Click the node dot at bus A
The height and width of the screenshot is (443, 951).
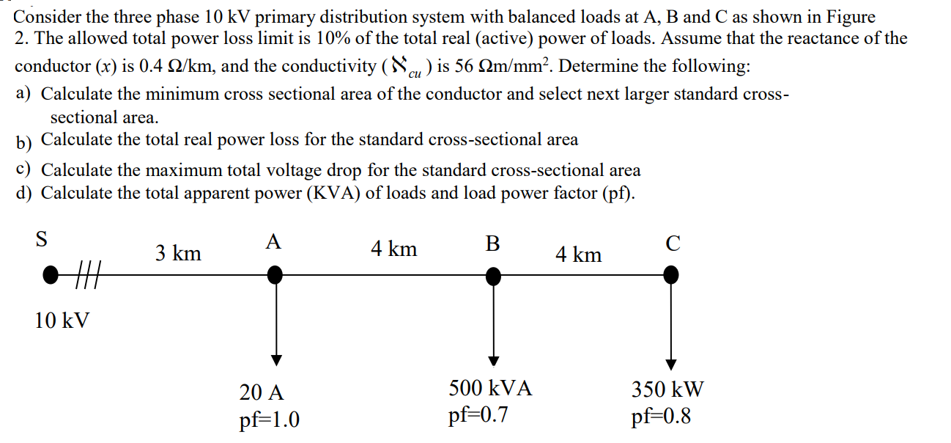275,275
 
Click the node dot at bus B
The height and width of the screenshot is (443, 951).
495,276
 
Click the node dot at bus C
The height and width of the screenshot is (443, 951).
670,275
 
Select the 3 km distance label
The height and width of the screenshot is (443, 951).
178,254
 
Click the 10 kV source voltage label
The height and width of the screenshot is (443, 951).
62,320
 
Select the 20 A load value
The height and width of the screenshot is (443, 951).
262,392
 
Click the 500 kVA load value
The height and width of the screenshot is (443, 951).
490,387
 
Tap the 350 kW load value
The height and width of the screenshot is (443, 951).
667,389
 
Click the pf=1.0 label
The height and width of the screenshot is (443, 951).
269,420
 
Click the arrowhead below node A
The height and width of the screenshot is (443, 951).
275,359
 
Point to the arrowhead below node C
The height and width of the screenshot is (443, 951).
671,364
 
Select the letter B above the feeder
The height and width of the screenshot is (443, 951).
493,243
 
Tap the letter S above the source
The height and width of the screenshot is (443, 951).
42,238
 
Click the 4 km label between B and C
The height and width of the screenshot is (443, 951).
578,255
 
